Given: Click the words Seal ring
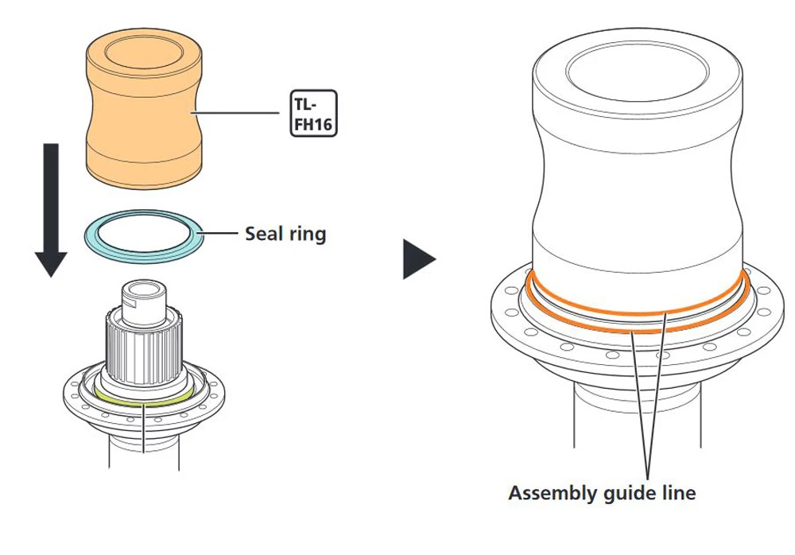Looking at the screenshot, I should click(x=285, y=235).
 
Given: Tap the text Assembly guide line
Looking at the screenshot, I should click(x=602, y=493).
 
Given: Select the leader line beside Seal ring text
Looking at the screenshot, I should click(x=221, y=235).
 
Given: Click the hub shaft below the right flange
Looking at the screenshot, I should click(x=637, y=429).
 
